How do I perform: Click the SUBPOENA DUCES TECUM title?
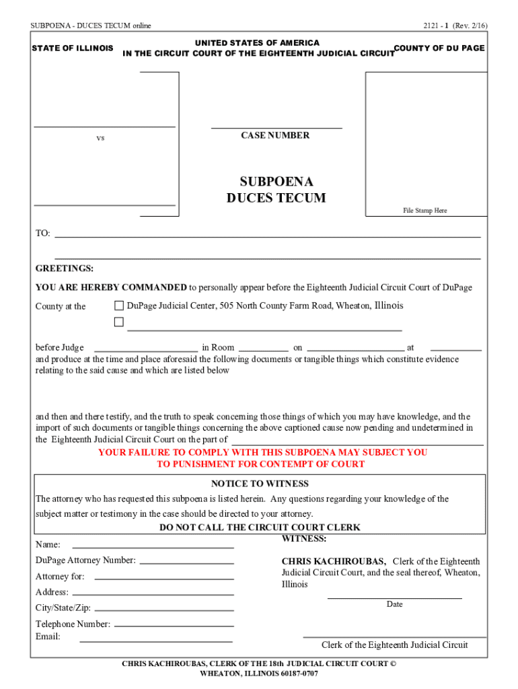[276, 190]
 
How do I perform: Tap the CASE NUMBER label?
[275, 135]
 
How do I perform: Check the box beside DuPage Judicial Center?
[119, 306]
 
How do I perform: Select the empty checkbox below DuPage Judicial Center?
[119, 322]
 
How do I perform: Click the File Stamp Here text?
[424, 211]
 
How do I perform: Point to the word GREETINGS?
[65, 268]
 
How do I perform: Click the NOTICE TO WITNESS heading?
[260, 484]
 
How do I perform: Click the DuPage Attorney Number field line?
[186, 563]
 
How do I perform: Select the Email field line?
[156, 641]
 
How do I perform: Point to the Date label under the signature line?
[395, 604]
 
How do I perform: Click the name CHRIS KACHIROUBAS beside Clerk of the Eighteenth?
[334, 561]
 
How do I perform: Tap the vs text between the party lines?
[100, 138]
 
